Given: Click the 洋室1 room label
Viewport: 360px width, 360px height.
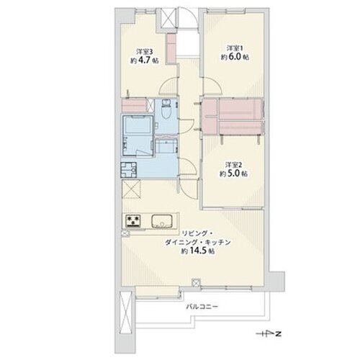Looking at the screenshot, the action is point(235,48).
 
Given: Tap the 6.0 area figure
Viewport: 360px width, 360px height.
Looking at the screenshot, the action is point(235,58).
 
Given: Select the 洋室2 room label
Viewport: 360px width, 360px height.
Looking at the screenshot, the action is point(233,165).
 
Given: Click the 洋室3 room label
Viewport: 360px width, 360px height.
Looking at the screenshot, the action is point(144,51).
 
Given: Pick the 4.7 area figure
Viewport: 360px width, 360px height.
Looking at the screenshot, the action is point(145,60).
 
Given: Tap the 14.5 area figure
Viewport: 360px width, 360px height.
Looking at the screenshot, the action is point(198,251).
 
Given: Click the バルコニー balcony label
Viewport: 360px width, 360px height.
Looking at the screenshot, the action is point(202,307).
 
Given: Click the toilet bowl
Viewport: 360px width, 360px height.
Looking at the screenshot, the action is point(166,112).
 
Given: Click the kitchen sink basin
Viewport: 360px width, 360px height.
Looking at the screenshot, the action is point(162,221).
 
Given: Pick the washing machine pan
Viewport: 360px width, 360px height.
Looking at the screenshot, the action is point(129,170).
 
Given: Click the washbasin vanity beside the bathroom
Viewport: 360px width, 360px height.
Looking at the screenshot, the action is point(166,145).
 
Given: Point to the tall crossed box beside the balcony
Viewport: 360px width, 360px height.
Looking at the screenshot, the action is point(125,311).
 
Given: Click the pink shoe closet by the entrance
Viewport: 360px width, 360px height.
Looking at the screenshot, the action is point(171,49).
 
